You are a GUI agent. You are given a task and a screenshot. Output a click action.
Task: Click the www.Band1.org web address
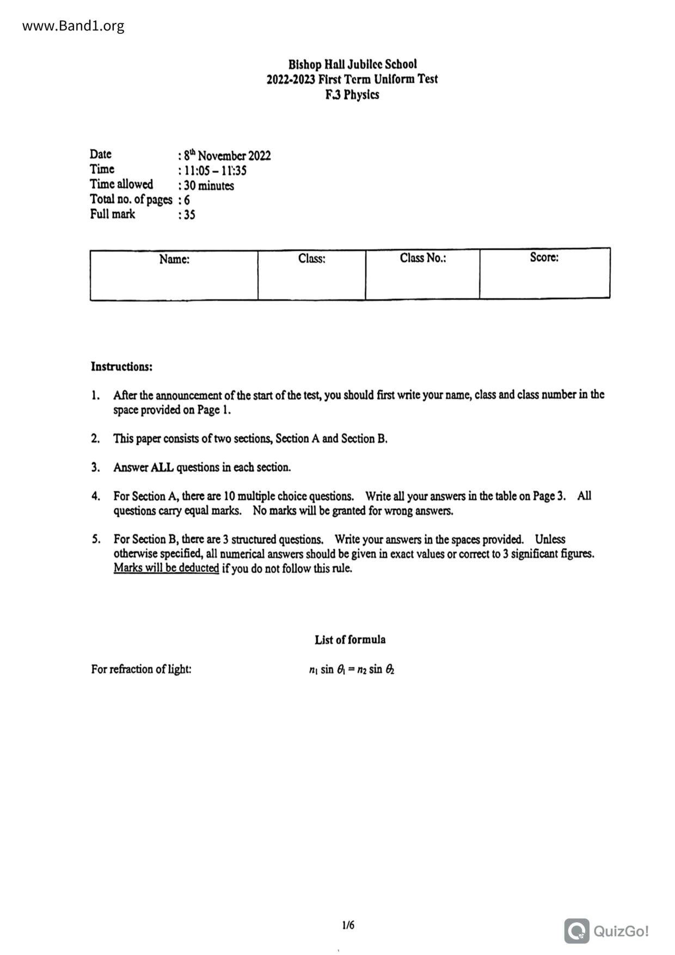[x=73, y=26]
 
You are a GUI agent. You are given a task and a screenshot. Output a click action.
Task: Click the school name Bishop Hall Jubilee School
[x=352, y=64]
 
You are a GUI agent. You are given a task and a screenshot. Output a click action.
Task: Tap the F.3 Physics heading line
[x=352, y=95]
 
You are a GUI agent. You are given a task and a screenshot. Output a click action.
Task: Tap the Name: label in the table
[x=174, y=259]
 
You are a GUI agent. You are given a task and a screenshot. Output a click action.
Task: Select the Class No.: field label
[x=423, y=258]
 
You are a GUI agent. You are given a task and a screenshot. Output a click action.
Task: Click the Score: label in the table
[x=544, y=258]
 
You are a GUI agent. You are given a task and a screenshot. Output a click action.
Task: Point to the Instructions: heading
[x=121, y=366]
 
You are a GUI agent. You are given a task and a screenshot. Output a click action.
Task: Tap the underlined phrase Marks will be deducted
[x=166, y=568]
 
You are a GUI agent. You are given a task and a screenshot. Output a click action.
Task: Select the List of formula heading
[x=349, y=640]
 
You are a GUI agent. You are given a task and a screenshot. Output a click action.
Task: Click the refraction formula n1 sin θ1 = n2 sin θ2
[x=351, y=670]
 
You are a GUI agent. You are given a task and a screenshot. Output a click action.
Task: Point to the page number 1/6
[x=348, y=925]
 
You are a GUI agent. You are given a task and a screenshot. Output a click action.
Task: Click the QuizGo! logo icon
[x=576, y=931]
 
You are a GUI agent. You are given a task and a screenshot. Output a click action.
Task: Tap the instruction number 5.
[x=96, y=540]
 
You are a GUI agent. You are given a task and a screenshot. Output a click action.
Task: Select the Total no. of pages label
[x=131, y=200]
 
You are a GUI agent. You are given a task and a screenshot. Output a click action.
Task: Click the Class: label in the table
[x=311, y=259]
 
